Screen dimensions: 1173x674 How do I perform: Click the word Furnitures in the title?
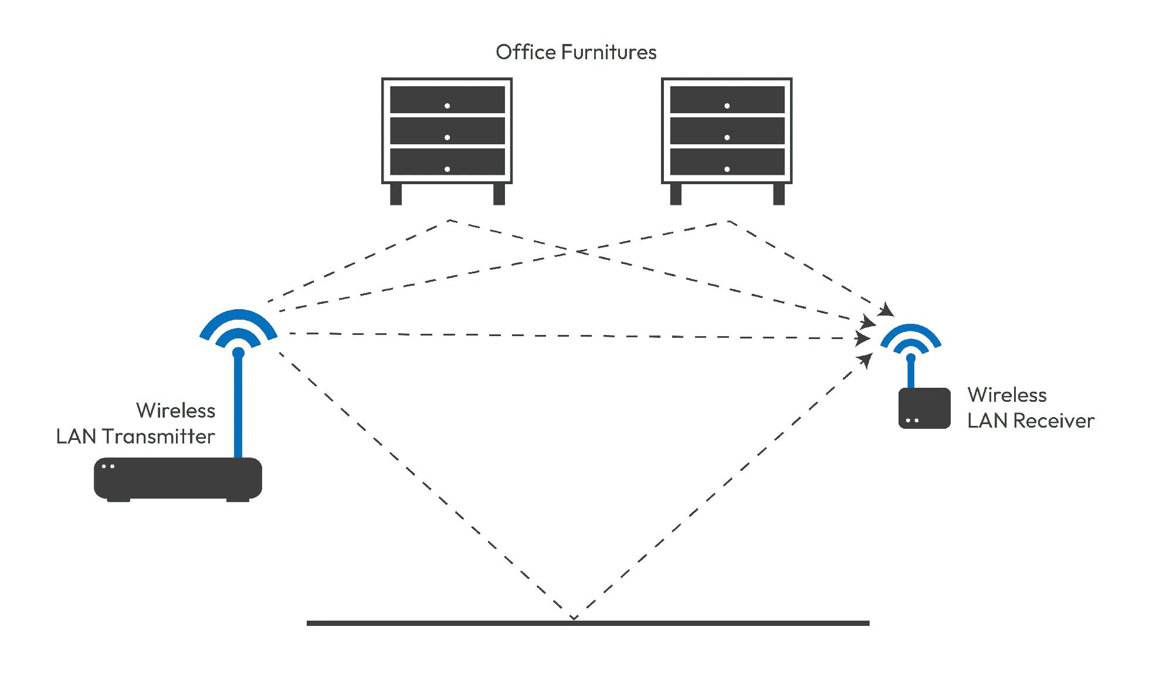pyautogui.click(x=609, y=52)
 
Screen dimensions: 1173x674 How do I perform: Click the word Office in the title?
pyautogui.click(x=526, y=52)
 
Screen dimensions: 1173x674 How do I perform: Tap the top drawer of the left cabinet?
pyautogui.click(x=447, y=100)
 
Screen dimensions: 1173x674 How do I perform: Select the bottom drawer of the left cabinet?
pyautogui.click(x=447, y=162)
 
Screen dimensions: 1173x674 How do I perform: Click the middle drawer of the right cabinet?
pyautogui.click(x=727, y=131)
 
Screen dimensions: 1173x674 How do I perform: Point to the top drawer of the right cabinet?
pyautogui.click(x=727, y=100)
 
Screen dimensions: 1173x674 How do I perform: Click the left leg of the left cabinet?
pyautogui.click(x=396, y=194)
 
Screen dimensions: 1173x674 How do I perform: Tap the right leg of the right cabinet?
pyautogui.click(x=779, y=194)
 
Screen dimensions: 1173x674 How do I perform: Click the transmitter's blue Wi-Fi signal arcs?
pyautogui.click(x=238, y=317)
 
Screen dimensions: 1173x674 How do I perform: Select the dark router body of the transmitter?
pyautogui.click(x=178, y=479)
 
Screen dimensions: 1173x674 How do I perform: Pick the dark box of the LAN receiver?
pyautogui.click(x=924, y=408)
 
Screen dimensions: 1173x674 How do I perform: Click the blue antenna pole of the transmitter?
pyautogui.click(x=238, y=405)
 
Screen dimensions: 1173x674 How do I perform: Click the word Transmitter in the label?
pyautogui.click(x=158, y=436)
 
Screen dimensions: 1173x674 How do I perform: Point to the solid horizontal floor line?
pyautogui.click(x=588, y=623)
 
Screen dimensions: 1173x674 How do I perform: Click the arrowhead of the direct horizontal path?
pyautogui.click(x=863, y=338)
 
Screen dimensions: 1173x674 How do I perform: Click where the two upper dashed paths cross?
pyautogui.click(x=577, y=252)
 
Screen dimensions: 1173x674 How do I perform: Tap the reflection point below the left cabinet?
pyautogui.click(x=449, y=221)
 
